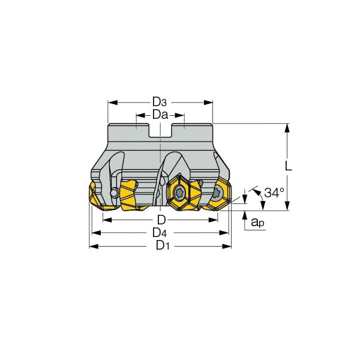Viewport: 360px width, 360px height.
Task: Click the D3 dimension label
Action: [160, 102]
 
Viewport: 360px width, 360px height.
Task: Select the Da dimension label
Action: [160, 115]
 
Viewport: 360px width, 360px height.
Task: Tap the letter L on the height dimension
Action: [288, 166]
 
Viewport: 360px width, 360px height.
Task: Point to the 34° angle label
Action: [274, 193]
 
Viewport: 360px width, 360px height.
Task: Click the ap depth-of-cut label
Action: [257, 222]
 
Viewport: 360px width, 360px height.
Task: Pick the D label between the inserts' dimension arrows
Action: [161, 220]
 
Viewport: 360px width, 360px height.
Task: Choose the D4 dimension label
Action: [160, 233]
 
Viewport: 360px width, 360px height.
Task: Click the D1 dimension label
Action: [163, 245]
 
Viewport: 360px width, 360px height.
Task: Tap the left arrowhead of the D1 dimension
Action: [94, 247]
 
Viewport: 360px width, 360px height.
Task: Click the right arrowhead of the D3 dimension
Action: [208, 103]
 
